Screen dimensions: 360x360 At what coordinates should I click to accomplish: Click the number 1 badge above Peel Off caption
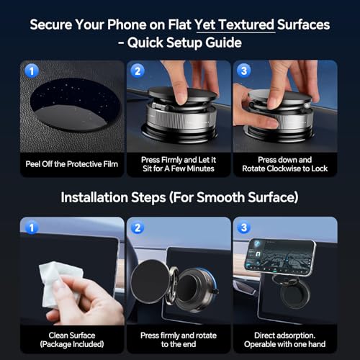[x=30, y=71]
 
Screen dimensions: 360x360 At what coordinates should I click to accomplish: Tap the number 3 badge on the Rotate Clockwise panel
[x=243, y=71]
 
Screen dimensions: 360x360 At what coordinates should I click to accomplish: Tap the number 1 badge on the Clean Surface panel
[x=30, y=228]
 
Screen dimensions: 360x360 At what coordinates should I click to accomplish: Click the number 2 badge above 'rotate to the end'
[x=137, y=228]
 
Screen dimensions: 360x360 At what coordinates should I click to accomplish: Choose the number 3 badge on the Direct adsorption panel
[x=243, y=228]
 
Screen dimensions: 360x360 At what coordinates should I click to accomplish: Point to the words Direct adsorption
[x=285, y=335]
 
